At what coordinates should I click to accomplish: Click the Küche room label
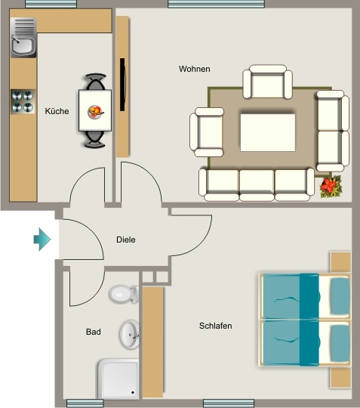[x=57, y=111]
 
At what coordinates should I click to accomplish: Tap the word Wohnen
[x=195, y=69]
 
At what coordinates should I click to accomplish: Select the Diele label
[x=126, y=240]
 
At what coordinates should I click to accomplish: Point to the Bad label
[x=94, y=332]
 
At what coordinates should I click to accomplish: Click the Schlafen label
[x=216, y=326]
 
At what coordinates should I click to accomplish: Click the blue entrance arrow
[x=42, y=240]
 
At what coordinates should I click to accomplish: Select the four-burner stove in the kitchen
[x=23, y=102]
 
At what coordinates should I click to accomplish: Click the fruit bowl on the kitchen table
[x=95, y=112]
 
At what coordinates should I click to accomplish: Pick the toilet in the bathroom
[x=124, y=294]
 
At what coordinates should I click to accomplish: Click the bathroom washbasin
[x=130, y=335]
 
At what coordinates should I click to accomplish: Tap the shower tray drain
[x=133, y=392]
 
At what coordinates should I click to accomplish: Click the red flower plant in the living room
[x=331, y=187]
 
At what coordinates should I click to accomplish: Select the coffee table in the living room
[x=268, y=132]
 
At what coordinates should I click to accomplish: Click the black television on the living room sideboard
[x=122, y=85]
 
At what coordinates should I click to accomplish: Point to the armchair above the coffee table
[x=267, y=82]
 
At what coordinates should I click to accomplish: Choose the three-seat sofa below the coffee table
[x=257, y=185]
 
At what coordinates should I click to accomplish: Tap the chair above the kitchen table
[x=96, y=82]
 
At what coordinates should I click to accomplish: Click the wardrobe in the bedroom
[x=152, y=342]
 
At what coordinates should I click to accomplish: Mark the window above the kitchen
[x=51, y=4]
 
